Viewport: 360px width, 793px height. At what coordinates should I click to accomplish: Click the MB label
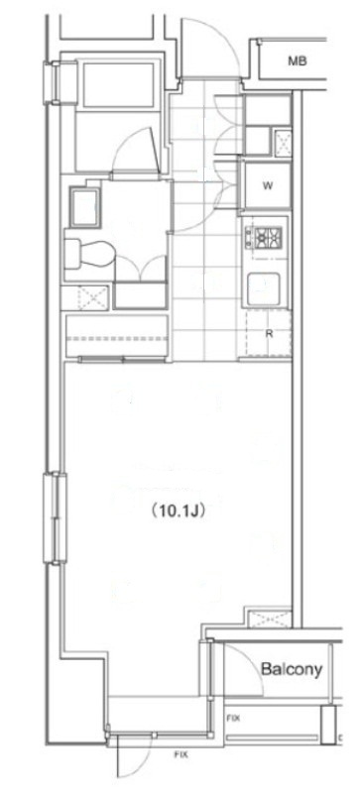coord(298,61)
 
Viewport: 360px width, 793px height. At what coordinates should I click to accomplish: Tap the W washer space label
coord(268,185)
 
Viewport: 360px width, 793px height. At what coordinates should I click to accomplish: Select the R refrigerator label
coord(270,334)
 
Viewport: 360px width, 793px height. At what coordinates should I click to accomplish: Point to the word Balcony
coord(292,669)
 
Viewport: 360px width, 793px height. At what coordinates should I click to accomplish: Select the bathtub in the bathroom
coord(118,85)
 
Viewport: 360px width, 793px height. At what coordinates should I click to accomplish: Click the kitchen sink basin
coord(264,288)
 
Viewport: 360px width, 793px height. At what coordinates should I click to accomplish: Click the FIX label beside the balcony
coord(233,718)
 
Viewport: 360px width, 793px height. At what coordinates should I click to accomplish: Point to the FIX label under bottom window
coord(180,754)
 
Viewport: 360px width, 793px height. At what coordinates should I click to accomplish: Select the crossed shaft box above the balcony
coord(271,619)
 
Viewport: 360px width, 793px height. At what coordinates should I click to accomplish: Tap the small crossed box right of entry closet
coord(283,142)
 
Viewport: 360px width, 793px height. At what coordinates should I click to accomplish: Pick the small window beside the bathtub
coord(53,82)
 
